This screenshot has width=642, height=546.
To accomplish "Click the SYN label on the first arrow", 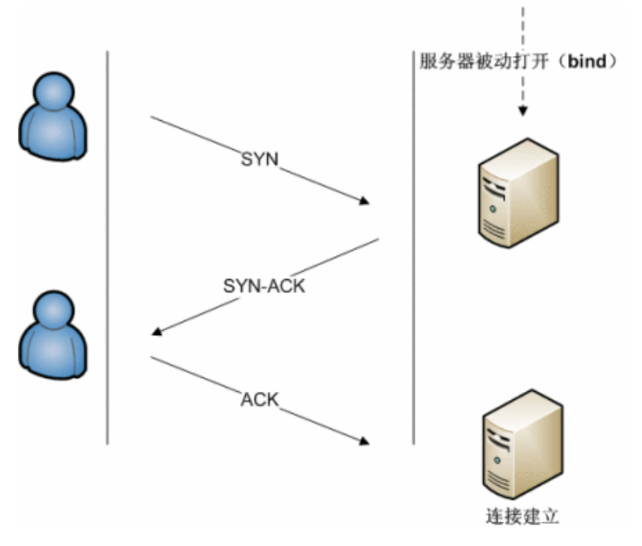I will tap(260, 160).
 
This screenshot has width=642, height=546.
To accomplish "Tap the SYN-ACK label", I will tap(264, 286).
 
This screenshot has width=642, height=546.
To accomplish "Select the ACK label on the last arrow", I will tap(260, 399).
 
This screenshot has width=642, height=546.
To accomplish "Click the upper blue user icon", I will tap(54, 116).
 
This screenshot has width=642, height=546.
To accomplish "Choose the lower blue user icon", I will tap(54, 335).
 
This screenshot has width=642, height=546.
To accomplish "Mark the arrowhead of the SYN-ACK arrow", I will tap(157, 331).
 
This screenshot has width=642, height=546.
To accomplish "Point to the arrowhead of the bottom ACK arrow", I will tap(364, 441).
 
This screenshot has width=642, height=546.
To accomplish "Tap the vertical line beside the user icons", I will tap(108, 243).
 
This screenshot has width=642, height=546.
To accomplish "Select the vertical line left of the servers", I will tap(414, 243).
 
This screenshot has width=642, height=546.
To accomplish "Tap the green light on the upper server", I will tap(493, 209).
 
